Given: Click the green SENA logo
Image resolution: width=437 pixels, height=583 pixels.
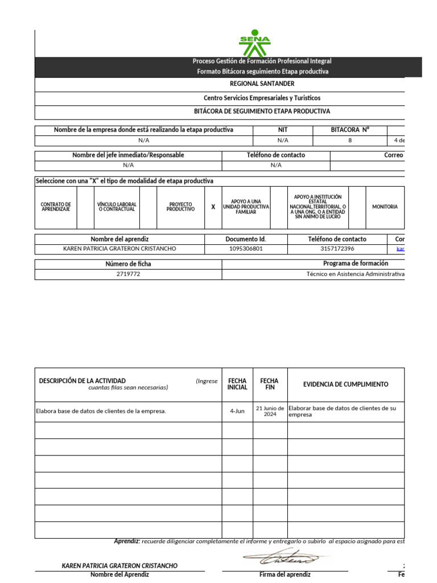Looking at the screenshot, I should [x=254, y=43].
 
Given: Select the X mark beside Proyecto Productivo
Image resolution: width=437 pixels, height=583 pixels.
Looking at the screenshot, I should [x=213, y=207].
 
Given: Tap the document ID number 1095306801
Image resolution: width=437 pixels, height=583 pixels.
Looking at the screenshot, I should [x=246, y=249].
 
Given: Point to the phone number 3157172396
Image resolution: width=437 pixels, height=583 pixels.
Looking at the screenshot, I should [x=337, y=249].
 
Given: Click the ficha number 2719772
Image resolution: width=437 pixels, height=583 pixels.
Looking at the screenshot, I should [x=128, y=274].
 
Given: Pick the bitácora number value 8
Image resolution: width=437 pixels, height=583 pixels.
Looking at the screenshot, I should [x=350, y=140].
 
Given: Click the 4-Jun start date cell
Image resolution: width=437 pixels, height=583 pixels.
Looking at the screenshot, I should [x=237, y=411].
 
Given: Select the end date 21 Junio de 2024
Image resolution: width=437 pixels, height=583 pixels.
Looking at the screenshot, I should [x=270, y=411].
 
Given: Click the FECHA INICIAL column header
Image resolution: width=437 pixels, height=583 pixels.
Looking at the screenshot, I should [x=237, y=384].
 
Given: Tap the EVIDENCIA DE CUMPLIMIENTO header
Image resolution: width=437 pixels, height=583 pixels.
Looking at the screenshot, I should [x=345, y=384].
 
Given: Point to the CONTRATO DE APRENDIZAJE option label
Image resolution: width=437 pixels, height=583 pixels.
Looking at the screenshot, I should [x=56, y=207].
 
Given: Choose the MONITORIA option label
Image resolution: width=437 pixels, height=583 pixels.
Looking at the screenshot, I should [x=385, y=207].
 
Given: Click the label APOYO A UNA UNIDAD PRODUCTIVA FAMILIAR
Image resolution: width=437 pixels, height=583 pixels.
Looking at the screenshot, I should [x=246, y=207].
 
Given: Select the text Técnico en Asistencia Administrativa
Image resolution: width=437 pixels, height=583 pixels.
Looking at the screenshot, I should [x=355, y=274].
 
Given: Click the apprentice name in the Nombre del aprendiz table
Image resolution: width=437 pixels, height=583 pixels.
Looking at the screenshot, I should [x=119, y=249].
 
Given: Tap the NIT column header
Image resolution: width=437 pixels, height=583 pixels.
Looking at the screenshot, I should [x=283, y=130].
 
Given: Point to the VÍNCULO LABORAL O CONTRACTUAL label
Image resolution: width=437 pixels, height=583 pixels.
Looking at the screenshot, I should [x=117, y=207].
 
